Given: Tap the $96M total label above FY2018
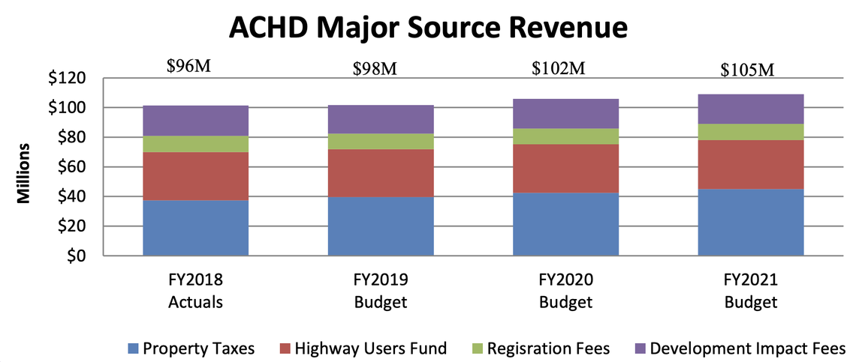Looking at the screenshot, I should point(188,66).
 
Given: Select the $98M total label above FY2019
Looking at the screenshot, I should point(375,69).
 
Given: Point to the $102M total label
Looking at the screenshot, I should point(559,67).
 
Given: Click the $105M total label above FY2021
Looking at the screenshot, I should point(746,70).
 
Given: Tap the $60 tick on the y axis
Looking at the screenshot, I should point(73,167).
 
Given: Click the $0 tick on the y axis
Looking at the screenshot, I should point(77,256).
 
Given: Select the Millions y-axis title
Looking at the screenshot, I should point(24,172).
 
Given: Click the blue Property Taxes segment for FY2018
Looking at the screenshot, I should point(195,228).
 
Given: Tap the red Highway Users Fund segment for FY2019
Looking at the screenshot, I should point(381,173).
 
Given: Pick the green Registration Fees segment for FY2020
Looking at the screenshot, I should point(565,136).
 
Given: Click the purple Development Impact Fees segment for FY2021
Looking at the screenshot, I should point(750,109).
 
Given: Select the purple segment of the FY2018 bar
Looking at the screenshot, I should point(195,121).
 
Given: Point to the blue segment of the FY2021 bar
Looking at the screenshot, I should point(750,222).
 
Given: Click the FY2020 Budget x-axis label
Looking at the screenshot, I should point(565,292).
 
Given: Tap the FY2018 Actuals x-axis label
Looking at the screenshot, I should point(195,292).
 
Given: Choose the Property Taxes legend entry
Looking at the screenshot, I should point(191,348).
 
